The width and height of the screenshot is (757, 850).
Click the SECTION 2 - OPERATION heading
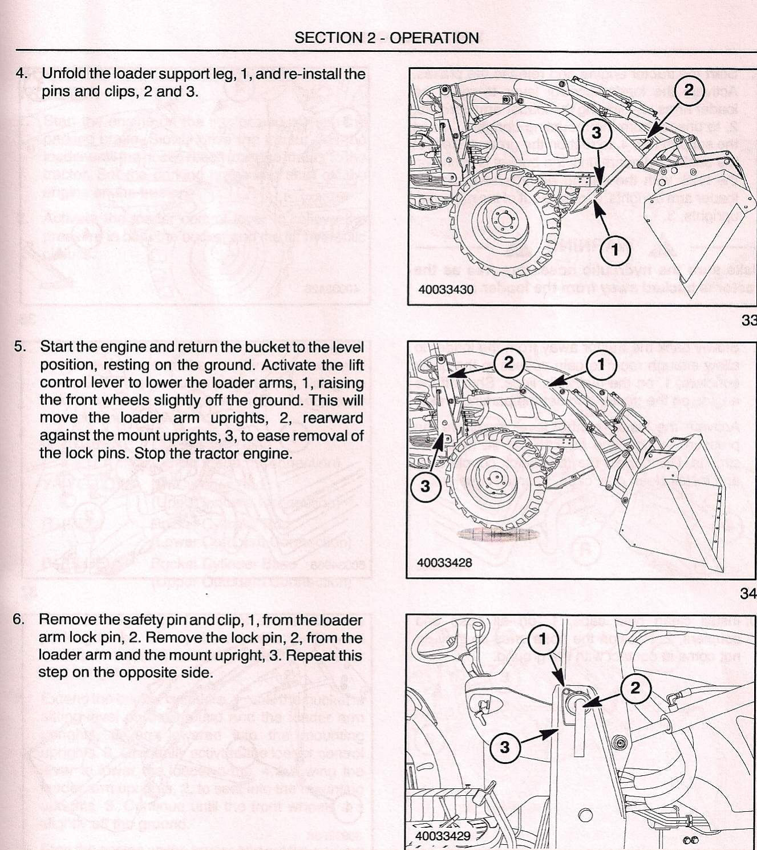click(x=386, y=38)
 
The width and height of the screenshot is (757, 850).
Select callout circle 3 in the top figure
click(x=596, y=133)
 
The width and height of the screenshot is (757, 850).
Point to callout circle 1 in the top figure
click(x=614, y=250)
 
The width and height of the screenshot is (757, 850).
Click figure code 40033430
click(x=446, y=289)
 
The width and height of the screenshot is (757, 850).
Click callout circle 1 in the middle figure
click(x=600, y=363)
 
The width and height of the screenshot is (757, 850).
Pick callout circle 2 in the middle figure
click(x=508, y=362)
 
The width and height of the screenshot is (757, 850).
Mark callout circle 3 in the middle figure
click(x=425, y=487)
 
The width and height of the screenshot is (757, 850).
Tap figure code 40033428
click(x=445, y=562)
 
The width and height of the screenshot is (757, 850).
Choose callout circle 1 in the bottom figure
click(x=543, y=639)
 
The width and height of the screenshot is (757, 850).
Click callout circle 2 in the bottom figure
click(x=635, y=687)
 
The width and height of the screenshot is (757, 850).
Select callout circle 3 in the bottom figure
click(x=504, y=747)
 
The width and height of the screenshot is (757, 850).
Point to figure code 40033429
click(x=443, y=836)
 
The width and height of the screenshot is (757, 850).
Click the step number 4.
click(x=21, y=74)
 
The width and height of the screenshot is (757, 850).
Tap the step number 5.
click(x=20, y=347)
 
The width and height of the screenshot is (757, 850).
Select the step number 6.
click(x=19, y=620)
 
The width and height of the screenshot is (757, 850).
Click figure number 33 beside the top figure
click(x=748, y=320)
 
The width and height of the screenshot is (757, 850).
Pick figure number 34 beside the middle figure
click(x=748, y=593)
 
